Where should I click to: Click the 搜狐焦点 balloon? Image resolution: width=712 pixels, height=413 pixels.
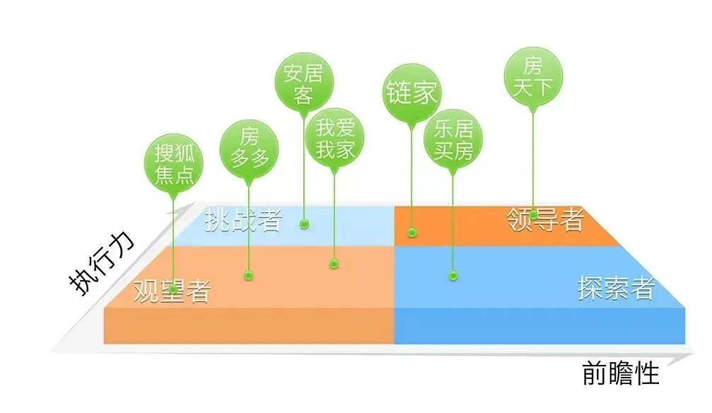coord(173,163)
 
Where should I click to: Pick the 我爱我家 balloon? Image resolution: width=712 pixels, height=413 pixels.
coord(334,139)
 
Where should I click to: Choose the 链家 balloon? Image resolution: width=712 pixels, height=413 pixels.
coord(411,93)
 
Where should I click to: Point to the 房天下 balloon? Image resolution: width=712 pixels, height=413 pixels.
coord(533,78)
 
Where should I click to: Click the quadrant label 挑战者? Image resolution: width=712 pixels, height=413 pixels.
coord(243,221)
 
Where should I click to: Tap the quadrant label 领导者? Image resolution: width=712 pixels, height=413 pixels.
coord(546,220)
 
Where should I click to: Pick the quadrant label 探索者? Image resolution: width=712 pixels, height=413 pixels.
coord(616,288)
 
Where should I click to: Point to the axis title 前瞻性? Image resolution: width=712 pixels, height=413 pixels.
coord(620,373)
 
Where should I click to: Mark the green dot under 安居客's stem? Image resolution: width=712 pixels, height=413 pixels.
coord(304,224)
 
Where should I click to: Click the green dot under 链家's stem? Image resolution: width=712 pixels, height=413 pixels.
coord(412,231)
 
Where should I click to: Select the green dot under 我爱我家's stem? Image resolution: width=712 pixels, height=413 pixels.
coord(334,264)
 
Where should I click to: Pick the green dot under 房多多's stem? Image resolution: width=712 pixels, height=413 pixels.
coord(247,274)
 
